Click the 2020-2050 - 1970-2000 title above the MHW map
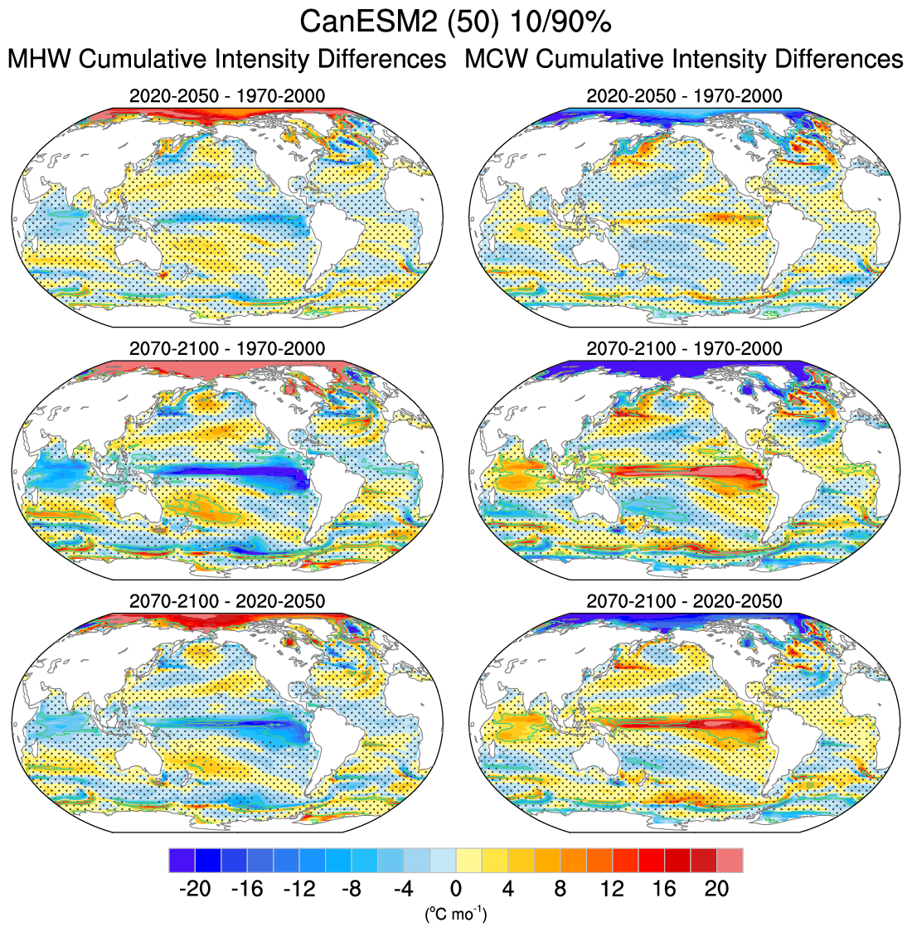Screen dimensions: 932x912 (227, 96)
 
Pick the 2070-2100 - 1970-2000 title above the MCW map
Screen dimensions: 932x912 (684, 348)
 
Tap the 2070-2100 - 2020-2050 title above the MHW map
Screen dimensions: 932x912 (227, 600)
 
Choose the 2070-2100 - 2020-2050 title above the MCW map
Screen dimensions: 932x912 (684, 600)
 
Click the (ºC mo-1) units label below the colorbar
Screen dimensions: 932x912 (456, 915)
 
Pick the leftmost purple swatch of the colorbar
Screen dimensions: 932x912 (182, 860)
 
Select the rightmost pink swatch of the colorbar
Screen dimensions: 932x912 (730, 860)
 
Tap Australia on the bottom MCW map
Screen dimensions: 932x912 (599, 750)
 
